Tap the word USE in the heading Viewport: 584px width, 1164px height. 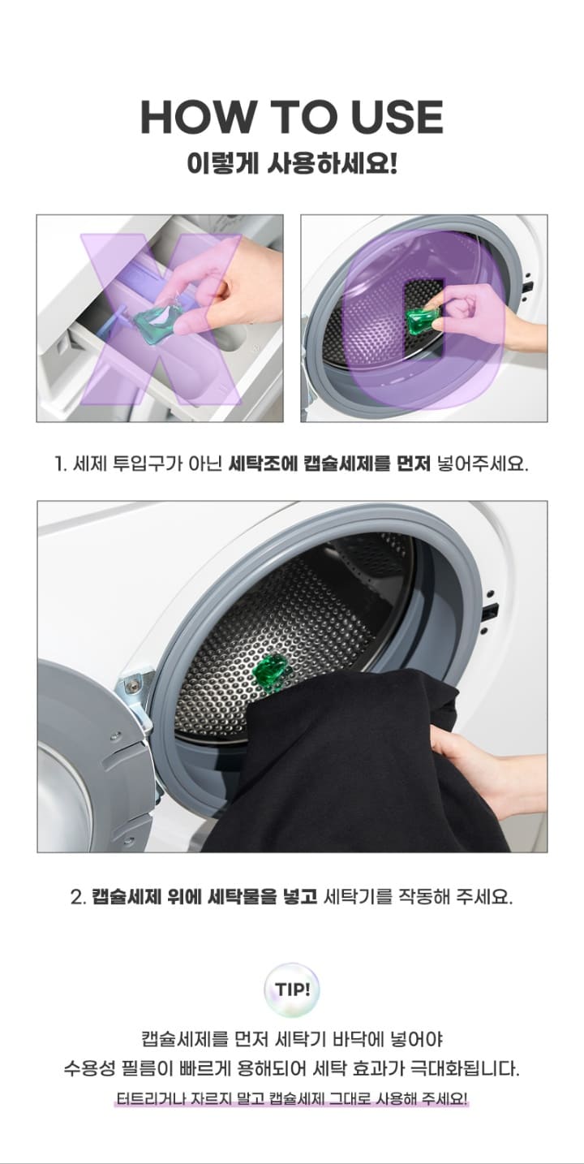point(397,117)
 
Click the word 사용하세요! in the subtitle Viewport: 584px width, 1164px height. point(333,165)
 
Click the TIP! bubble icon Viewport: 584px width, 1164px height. point(292,989)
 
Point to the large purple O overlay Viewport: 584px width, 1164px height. point(424,318)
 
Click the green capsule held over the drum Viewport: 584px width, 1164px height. point(423,320)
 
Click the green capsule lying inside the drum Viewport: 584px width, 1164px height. point(270,672)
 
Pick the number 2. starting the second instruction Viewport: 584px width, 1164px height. point(78,898)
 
